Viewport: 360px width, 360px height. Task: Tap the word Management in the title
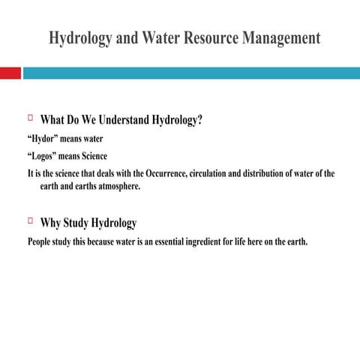pos(281,37)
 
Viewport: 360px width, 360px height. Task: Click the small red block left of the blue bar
pos(10,73)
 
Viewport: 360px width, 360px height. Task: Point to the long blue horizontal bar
pos(191,73)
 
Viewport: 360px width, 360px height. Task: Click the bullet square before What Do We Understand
pos(31,118)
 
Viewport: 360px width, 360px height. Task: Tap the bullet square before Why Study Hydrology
pos(31,221)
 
